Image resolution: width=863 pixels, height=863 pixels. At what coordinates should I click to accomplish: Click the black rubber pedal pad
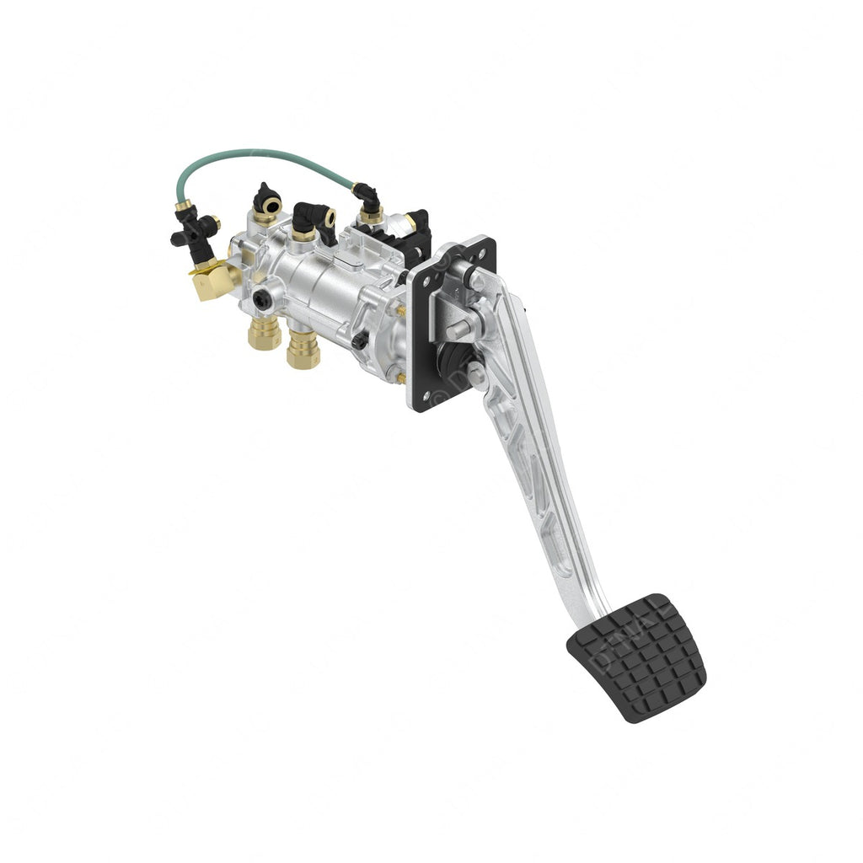pos(638,657)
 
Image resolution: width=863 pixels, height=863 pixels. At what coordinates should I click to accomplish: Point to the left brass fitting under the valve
pos(265,333)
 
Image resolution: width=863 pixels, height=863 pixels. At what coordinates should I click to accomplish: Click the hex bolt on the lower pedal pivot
pos(477,373)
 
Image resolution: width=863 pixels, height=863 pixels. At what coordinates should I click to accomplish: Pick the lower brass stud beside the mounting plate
pos(401,378)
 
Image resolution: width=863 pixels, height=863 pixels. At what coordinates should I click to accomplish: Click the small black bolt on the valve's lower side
pos(360,341)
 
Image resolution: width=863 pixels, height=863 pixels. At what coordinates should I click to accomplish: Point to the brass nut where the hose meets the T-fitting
pos(182,205)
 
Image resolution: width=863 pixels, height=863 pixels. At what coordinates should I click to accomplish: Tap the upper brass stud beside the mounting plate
pos(402,310)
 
